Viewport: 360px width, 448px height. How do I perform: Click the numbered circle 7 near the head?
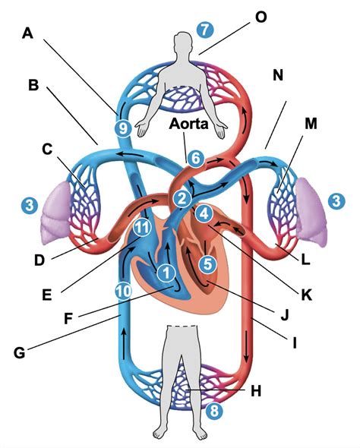(202, 29)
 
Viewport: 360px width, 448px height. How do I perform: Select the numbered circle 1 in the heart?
(165, 269)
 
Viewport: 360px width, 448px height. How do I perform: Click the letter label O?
(261, 15)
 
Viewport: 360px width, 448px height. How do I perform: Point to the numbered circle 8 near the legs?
(215, 411)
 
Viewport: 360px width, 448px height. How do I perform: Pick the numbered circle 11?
(140, 227)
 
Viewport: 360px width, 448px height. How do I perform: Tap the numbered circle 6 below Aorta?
(195, 159)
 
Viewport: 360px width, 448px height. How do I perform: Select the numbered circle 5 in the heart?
(206, 263)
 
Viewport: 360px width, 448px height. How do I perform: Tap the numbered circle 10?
(123, 290)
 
